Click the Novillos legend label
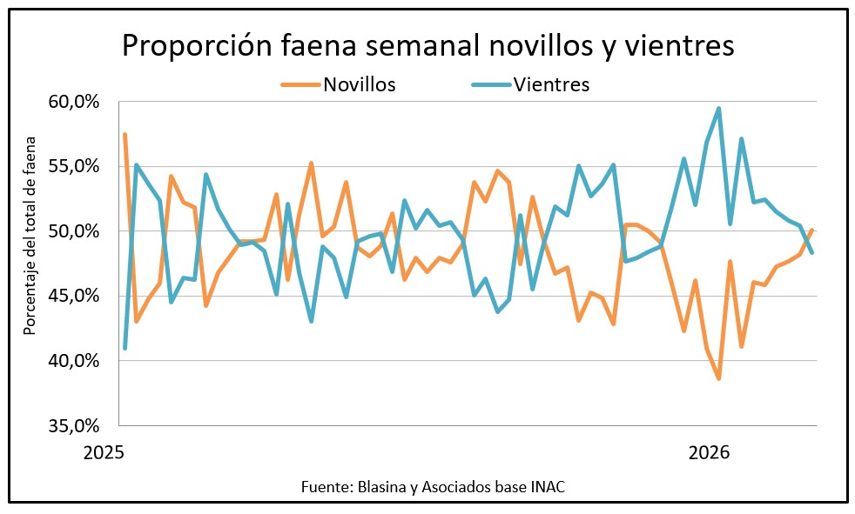[360, 84]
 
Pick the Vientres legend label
[552, 84]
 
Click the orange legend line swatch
[300, 84]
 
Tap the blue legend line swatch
[490, 84]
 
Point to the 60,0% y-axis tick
[74, 102]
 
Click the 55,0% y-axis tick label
[74, 166]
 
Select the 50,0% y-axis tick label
[74, 231]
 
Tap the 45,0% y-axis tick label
[74, 296]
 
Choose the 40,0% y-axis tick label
[74, 361]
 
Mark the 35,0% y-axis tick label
[74, 425]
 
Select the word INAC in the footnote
[546, 486]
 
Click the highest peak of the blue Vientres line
[718, 109]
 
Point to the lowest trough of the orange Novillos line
[718, 378]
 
